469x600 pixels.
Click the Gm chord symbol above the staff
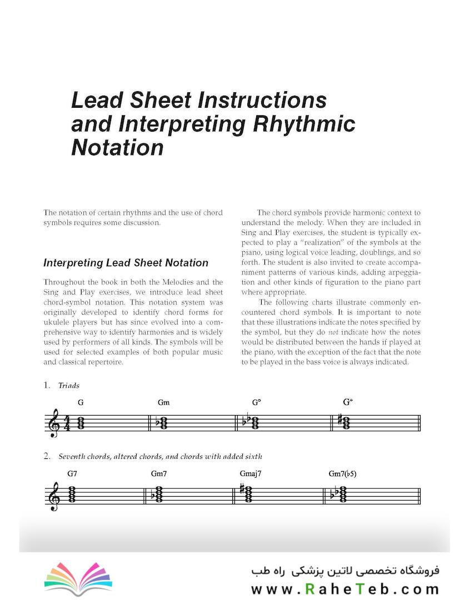click(163, 403)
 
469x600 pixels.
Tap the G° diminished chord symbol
click(256, 403)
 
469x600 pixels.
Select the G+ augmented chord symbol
click(348, 402)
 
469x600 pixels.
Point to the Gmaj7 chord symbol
click(251, 474)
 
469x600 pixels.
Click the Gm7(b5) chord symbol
click(342, 474)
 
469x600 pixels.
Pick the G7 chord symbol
click(72, 474)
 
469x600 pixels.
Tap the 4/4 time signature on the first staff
click(67, 423)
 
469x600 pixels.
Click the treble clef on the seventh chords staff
click(54, 496)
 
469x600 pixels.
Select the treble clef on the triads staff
click(54, 424)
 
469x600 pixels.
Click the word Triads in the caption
click(69, 386)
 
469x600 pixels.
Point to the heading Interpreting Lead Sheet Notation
click(126, 263)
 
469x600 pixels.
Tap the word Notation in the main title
click(117, 147)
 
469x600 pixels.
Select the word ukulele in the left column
click(59, 322)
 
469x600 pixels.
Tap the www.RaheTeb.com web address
click(345, 589)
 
